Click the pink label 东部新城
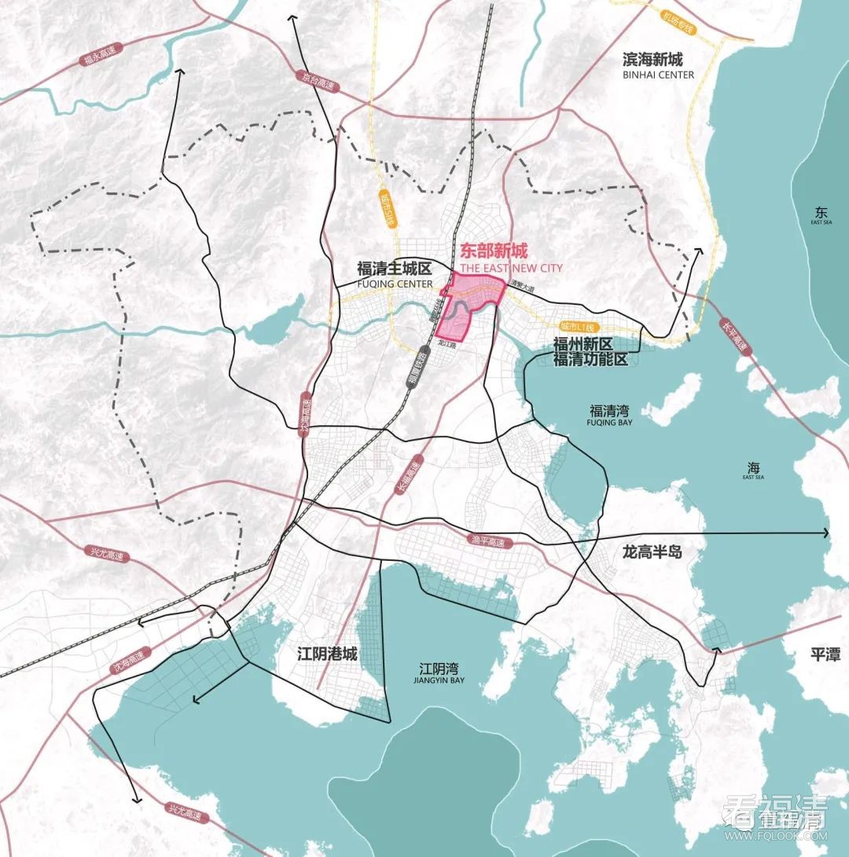pos(494,251)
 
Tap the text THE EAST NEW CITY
pos(511,269)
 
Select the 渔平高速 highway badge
pos(488,541)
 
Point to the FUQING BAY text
pos(610,422)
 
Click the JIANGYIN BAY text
pos(439,682)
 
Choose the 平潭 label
pos(823,654)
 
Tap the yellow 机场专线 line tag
pos(677,28)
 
